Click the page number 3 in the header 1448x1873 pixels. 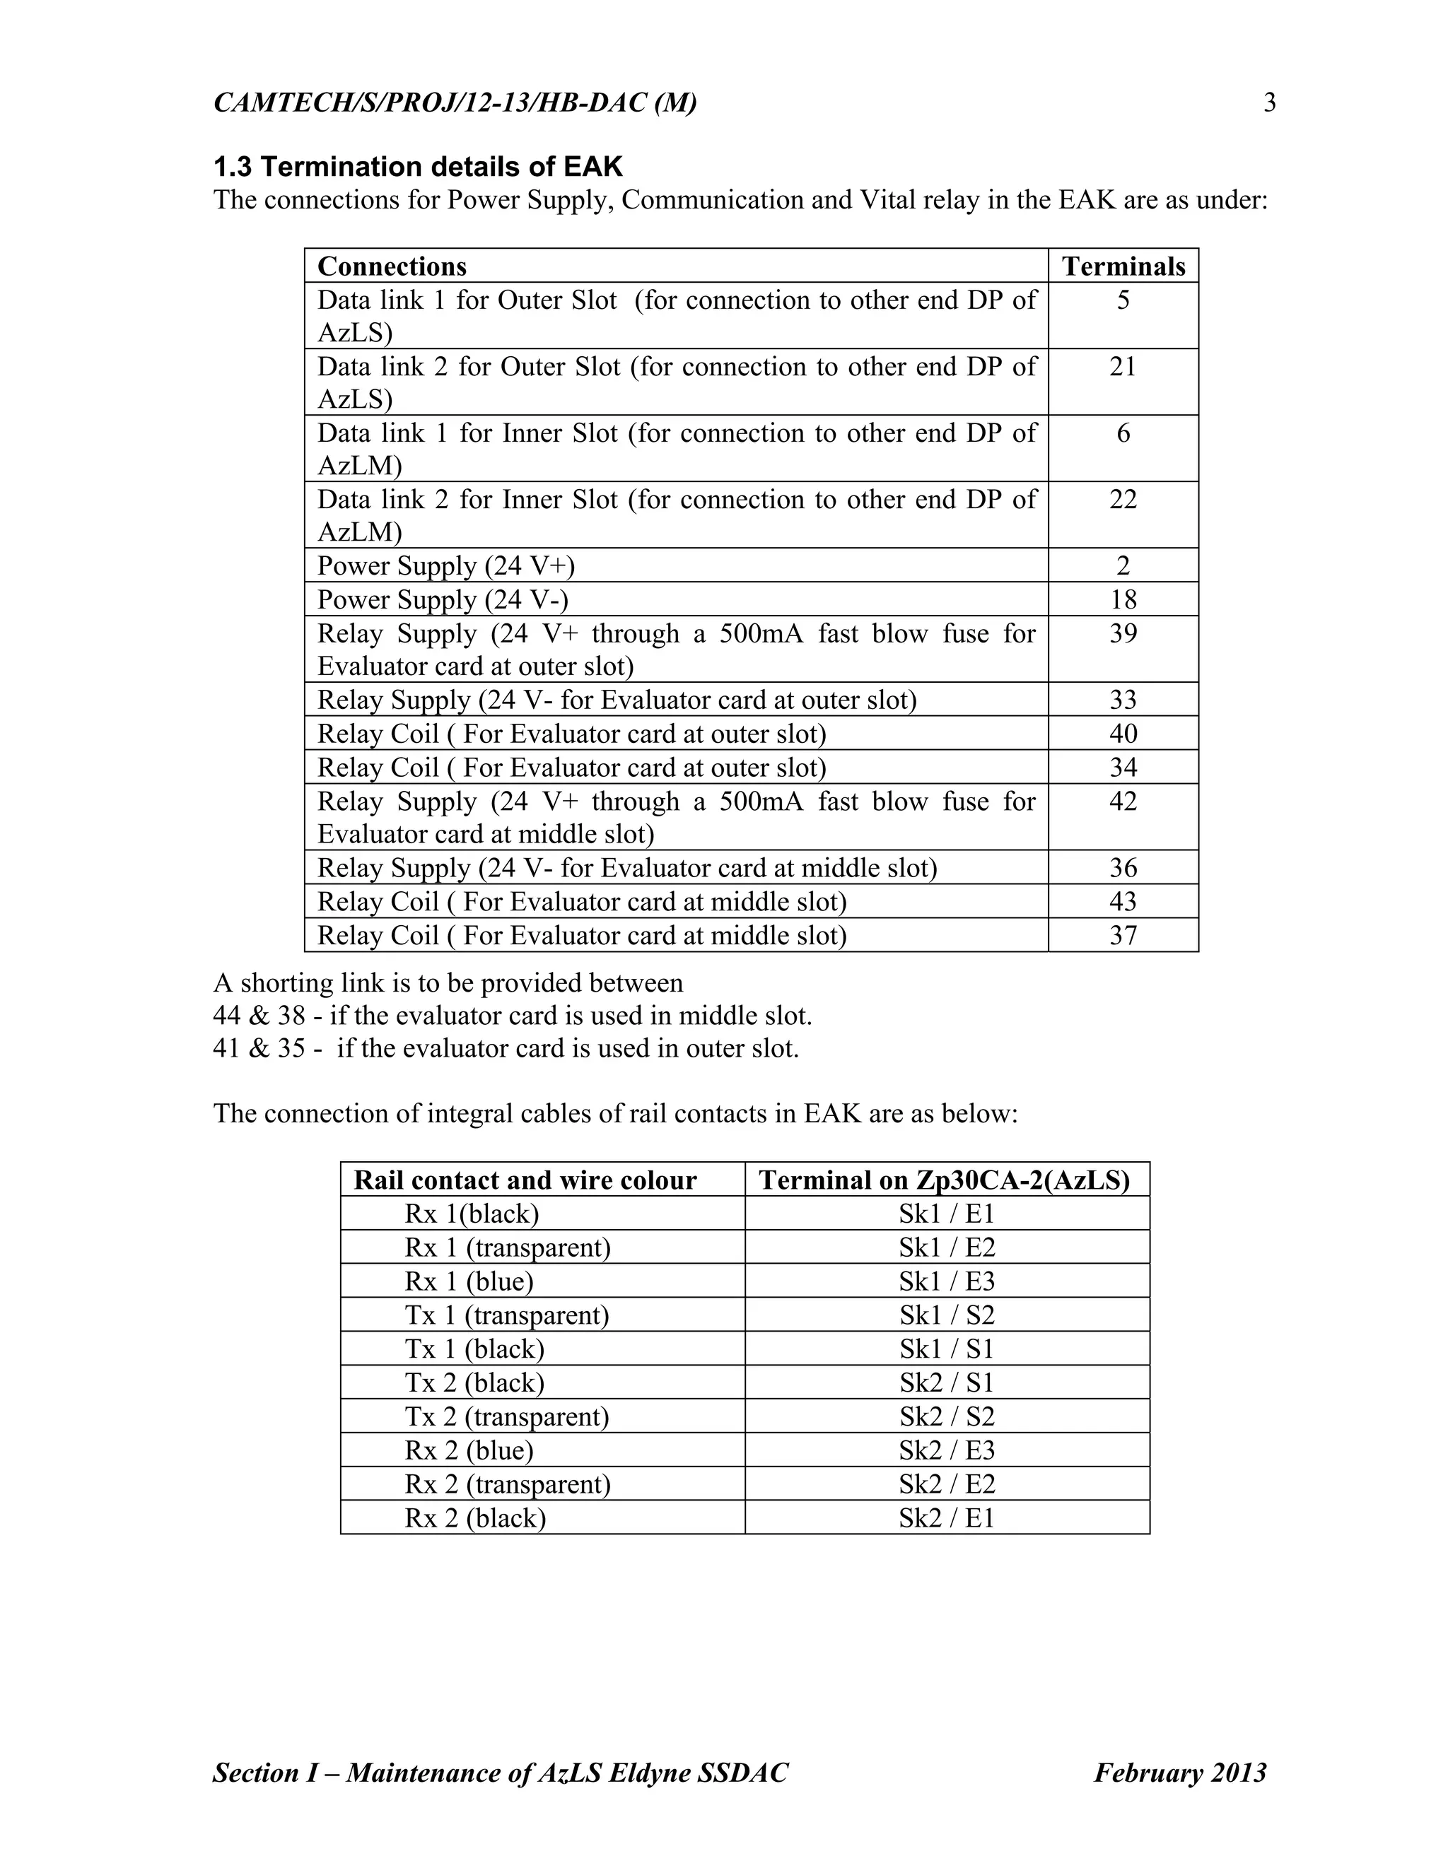point(1270,103)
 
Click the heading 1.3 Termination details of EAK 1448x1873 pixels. point(418,165)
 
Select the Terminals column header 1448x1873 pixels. point(1123,266)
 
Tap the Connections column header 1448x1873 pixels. point(392,266)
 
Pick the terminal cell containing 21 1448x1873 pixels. point(1122,367)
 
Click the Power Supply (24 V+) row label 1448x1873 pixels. point(446,566)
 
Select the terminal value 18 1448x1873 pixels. point(1123,599)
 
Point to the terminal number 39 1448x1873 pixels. point(1123,634)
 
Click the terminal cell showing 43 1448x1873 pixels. point(1123,901)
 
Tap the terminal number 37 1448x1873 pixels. point(1123,936)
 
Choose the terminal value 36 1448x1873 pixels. point(1123,868)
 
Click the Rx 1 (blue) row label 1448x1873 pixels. point(469,1281)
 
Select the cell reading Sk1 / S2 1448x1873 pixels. point(946,1315)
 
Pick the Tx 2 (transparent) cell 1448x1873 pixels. point(507,1416)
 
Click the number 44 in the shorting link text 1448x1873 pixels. point(228,1016)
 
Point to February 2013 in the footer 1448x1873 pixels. point(1179,1773)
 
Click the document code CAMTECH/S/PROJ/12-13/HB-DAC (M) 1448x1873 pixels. point(455,103)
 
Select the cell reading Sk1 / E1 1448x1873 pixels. point(946,1214)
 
